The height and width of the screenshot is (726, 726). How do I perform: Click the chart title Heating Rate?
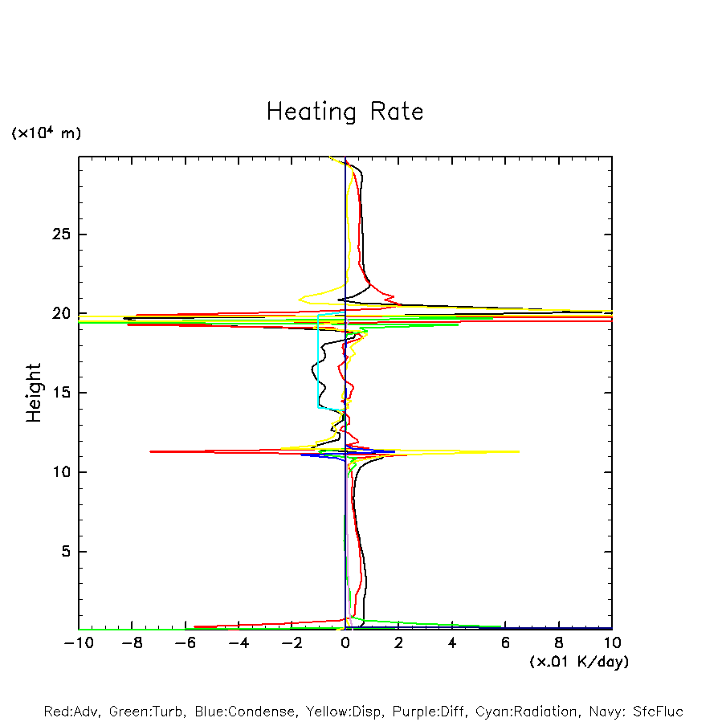click(345, 112)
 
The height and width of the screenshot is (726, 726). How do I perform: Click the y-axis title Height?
click(33, 393)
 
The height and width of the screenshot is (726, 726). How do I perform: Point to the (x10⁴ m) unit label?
click(46, 133)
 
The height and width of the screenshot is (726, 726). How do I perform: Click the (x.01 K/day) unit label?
click(578, 662)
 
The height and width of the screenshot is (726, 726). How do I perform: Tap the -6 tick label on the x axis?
click(185, 643)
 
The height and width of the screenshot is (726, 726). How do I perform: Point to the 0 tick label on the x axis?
click(345, 643)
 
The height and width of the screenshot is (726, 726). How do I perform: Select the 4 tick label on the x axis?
click(452, 643)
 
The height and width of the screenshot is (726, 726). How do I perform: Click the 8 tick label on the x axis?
click(559, 643)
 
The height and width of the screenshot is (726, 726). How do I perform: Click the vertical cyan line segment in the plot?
click(318, 361)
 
